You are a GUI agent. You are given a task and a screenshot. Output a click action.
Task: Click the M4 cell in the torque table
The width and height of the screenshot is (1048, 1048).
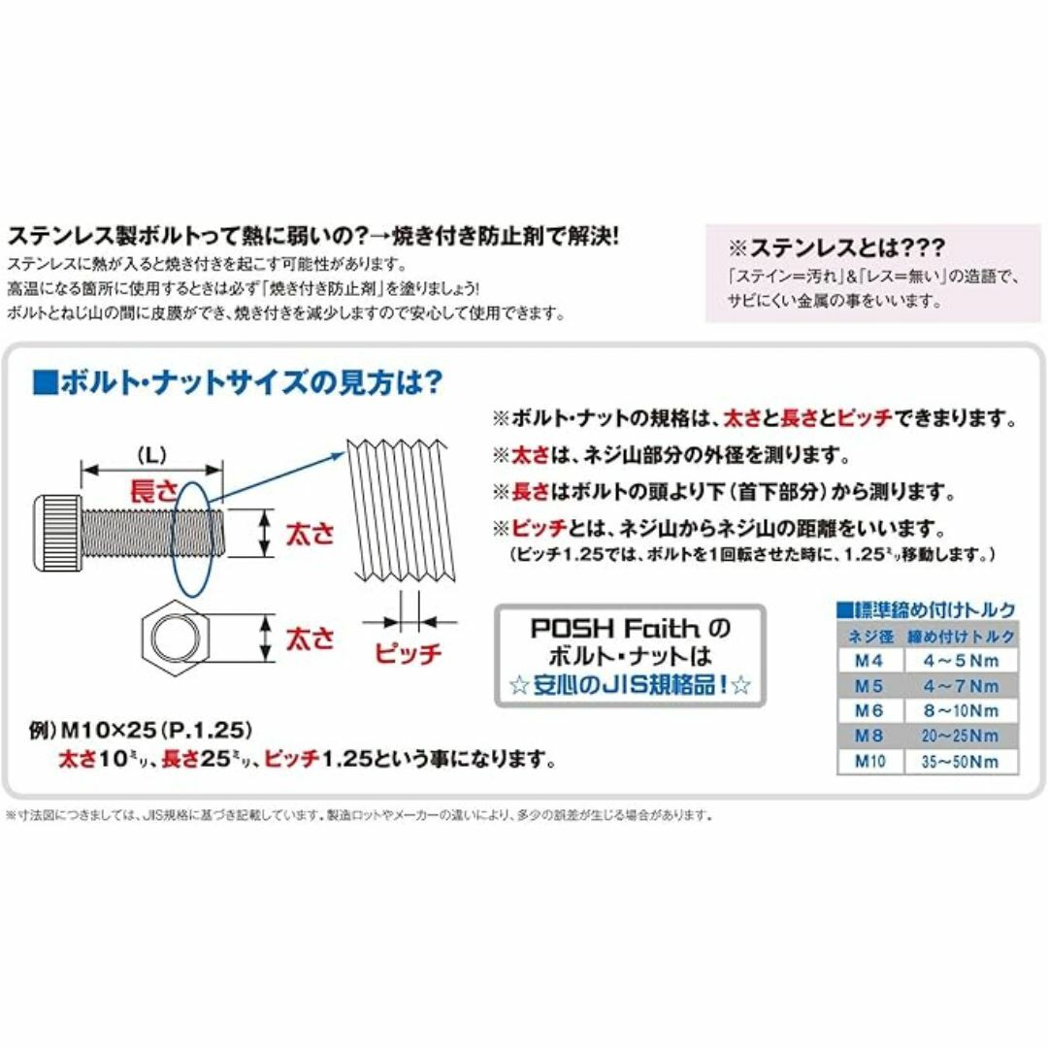(x=868, y=661)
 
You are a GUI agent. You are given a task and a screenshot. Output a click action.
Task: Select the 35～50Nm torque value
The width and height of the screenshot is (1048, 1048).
(x=960, y=762)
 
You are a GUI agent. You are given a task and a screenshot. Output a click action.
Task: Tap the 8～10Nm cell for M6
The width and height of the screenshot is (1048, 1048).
(x=961, y=710)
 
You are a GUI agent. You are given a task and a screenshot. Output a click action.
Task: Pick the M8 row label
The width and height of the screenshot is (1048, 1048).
(x=868, y=736)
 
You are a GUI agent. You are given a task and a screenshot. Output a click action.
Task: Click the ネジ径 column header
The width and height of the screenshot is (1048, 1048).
(x=870, y=637)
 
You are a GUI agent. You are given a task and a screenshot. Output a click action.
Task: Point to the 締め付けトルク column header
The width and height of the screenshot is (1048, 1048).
(x=961, y=637)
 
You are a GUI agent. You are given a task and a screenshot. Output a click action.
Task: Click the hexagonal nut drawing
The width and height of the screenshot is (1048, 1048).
(x=175, y=639)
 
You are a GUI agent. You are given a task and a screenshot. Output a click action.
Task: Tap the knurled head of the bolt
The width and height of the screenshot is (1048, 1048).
(x=57, y=533)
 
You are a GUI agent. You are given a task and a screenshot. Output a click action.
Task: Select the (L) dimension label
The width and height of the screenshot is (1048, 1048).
(x=151, y=456)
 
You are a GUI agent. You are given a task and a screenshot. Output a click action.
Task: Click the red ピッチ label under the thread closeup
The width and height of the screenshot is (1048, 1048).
(x=408, y=652)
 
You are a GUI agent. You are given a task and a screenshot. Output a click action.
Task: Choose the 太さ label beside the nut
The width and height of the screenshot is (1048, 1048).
(x=310, y=639)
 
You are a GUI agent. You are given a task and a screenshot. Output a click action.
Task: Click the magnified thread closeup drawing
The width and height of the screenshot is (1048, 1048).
(x=401, y=510)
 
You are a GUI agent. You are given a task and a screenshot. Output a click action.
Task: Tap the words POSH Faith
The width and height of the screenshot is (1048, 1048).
(x=615, y=628)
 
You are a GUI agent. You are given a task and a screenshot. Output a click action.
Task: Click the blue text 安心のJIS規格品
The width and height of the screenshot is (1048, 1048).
(x=628, y=685)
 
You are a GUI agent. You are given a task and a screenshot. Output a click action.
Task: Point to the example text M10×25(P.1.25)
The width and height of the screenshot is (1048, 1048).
(x=156, y=730)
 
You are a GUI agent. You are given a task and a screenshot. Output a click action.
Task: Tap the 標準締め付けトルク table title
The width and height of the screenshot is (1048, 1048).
(x=927, y=609)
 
